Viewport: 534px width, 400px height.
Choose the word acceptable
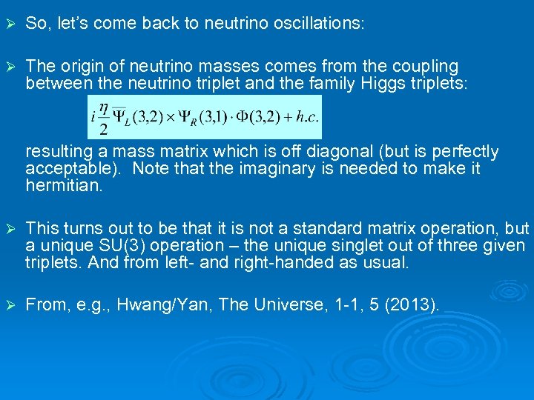(x=69, y=169)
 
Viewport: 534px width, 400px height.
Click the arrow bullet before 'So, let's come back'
(x=10, y=24)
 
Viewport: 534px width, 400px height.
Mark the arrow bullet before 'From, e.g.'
(x=10, y=303)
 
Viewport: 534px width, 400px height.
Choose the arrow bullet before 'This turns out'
(x=10, y=229)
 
